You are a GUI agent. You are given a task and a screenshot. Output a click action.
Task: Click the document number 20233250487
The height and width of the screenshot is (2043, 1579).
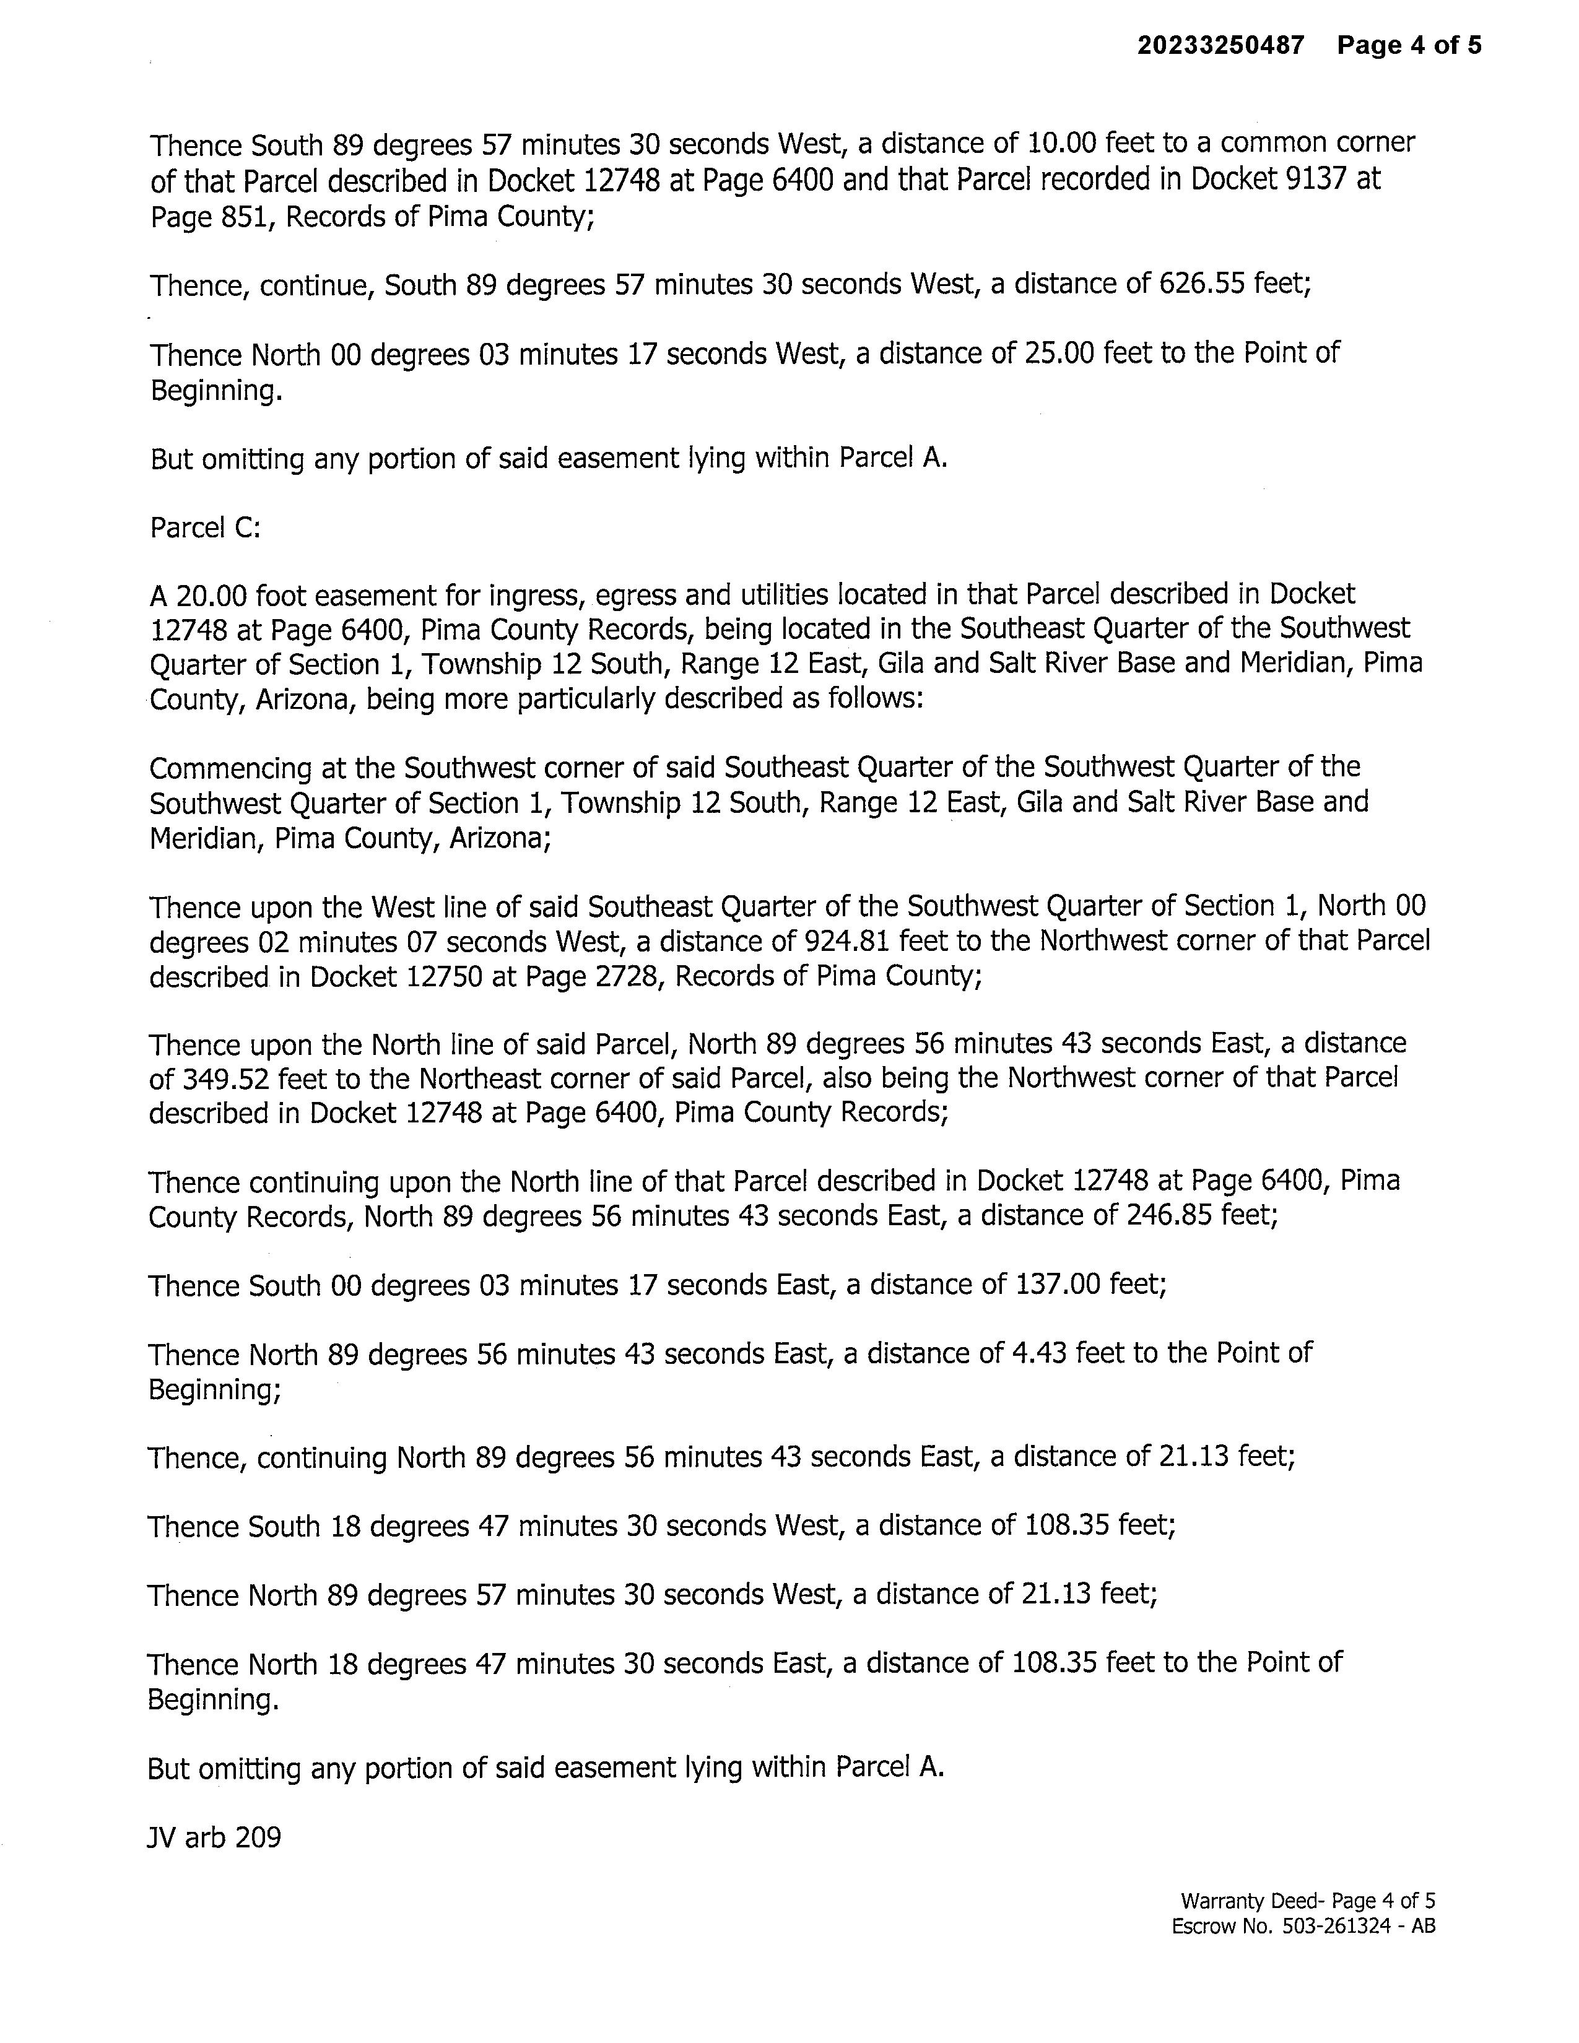[1220, 45]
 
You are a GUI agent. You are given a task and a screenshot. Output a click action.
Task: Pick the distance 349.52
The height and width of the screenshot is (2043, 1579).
[224, 1080]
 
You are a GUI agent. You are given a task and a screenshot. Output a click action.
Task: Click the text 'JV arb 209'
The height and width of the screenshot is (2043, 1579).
[214, 1837]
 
